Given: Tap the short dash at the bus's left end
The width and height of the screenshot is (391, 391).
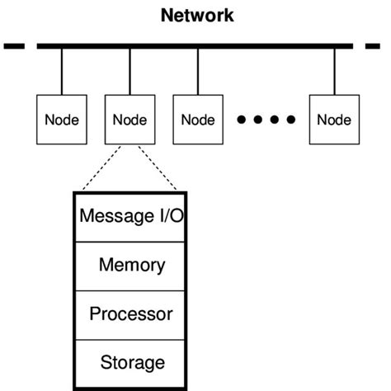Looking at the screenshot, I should click(x=14, y=46).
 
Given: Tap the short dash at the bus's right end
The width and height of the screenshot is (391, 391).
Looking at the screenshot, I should click(x=372, y=46).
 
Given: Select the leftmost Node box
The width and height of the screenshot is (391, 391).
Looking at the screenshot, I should click(x=62, y=120).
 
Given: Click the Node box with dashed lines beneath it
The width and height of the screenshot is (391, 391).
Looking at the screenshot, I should click(x=130, y=120).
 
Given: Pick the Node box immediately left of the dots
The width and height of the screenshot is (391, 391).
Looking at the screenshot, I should click(x=198, y=120).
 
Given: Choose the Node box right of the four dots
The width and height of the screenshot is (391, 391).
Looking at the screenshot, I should click(x=334, y=120).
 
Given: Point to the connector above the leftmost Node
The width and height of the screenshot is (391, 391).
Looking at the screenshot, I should click(x=62, y=72).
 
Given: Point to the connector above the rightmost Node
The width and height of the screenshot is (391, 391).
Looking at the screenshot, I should click(x=334, y=72).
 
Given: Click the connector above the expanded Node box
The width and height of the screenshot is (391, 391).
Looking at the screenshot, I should click(x=130, y=72).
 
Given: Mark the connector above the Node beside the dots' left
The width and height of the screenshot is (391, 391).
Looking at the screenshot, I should click(x=198, y=72).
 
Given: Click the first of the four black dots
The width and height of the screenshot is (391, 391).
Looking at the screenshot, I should click(x=242, y=120).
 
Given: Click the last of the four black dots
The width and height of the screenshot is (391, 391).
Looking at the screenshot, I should click(x=290, y=120).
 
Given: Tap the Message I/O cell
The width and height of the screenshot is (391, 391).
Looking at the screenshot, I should click(x=130, y=217).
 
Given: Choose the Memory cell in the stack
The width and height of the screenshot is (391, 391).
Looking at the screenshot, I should click(x=130, y=265).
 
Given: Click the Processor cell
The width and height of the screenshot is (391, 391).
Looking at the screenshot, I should click(x=130, y=313).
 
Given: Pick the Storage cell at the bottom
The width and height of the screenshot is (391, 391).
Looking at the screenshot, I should click(x=130, y=361).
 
